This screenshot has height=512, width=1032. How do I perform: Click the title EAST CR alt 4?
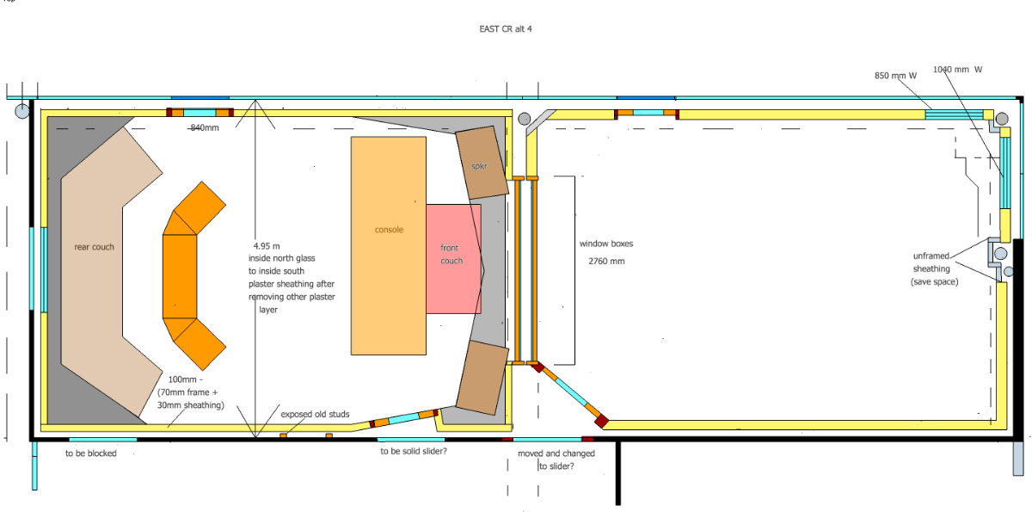(x=506, y=29)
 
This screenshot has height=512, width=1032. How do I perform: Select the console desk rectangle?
(x=389, y=245)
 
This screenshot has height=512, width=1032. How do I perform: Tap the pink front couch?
(x=453, y=259)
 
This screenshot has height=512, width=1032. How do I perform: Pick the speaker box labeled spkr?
(x=482, y=163)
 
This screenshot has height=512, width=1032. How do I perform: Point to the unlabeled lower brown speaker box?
(x=482, y=378)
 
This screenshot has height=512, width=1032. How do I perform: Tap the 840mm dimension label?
(x=205, y=127)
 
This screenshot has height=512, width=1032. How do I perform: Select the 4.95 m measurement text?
(x=267, y=246)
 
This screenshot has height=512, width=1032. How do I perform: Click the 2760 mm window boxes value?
(x=606, y=262)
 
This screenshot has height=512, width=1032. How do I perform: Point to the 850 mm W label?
(x=895, y=76)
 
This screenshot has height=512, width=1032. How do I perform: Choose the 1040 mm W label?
(x=957, y=70)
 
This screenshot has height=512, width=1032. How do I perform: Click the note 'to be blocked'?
(x=91, y=453)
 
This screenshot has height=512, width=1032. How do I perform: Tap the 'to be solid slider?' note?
(x=414, y=451)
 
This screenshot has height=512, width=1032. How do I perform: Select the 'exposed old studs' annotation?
(x=315, y=414)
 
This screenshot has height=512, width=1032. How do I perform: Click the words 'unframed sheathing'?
(x=931, y=262)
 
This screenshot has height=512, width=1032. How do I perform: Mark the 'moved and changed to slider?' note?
(x=556, y=460)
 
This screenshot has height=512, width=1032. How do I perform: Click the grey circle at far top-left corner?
(x=22, y=111)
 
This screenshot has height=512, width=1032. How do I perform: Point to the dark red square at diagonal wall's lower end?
(x=602, y=421)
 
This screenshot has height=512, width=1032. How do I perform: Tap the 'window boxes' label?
(x=606, y=244)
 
